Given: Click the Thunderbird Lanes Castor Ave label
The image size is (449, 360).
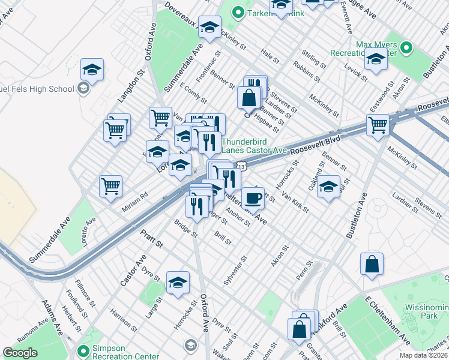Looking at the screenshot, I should (x=255, y=146).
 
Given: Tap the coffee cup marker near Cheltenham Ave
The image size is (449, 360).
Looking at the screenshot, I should (x=253, y=197).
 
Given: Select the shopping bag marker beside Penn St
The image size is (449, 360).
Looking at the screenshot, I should (x=372, y=265).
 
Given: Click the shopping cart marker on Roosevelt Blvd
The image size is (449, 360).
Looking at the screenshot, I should (x=378, y=125).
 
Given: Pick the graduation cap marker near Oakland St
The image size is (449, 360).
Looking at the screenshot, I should (x=328, y=186).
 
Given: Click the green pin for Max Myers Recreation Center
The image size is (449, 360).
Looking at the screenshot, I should (x=406, y=47).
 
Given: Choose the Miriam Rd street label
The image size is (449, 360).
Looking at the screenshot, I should (x=135, y=197).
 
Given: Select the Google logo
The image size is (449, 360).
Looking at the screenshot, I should (x=20, y=353).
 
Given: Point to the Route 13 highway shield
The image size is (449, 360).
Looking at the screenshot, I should (x=241, y=164).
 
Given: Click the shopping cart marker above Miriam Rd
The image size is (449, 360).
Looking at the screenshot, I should (x=111, y=186).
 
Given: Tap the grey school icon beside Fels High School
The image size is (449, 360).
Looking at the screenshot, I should (x=83, y=89).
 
